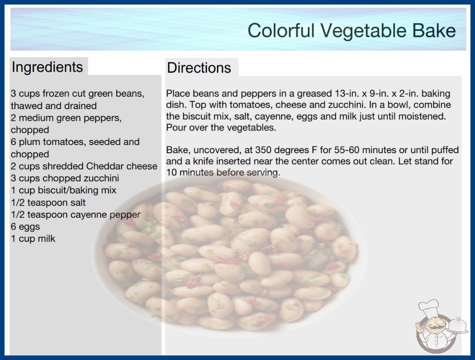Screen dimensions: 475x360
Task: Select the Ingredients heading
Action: pyautogui.click(x=47, y=67)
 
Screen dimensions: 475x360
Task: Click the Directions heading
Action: pyautogui.click(x=199, y=68)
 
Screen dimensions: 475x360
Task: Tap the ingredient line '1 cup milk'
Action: pyautogui.click(x=33, y=239)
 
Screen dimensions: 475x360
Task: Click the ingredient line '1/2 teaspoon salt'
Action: pyautogui.click(x=48, y=203)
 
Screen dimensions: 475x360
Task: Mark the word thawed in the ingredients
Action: pyautogui.click(x=25, y=106)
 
